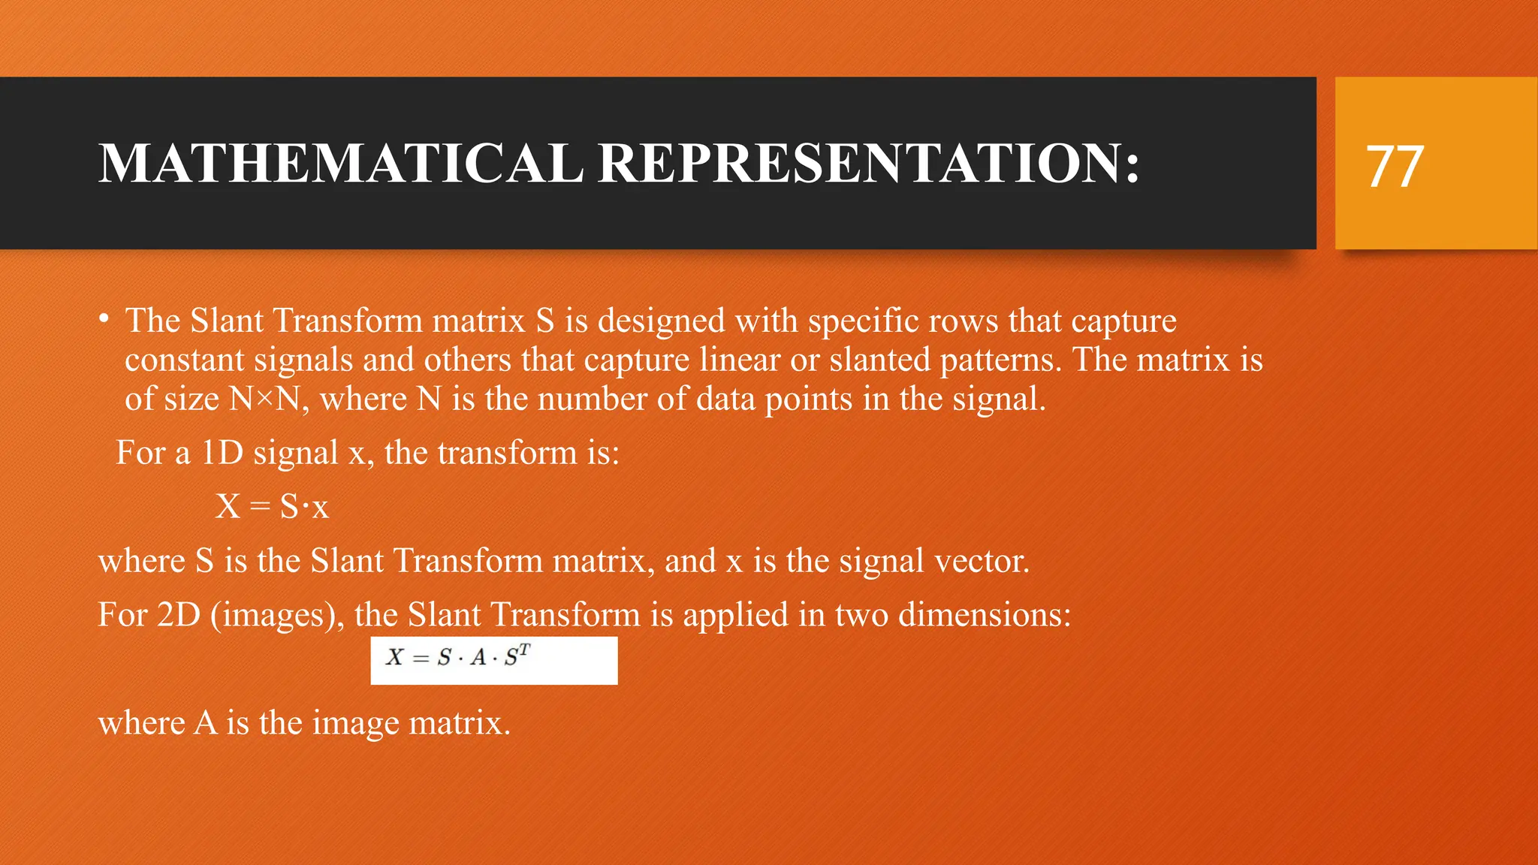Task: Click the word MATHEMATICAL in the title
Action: coord(341,163)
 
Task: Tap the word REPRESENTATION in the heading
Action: coord(869,163)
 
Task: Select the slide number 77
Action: coord(1395,166)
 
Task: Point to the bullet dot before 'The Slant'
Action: coord(104,319)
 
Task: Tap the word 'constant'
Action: coord(183,360)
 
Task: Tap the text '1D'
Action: coord(221,454)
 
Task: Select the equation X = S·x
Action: coord(272,507)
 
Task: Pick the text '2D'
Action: coord(179,616)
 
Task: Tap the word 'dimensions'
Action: coord(984,616)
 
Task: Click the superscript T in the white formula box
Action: coord(524,650)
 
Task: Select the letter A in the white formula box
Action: coord(478,659)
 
